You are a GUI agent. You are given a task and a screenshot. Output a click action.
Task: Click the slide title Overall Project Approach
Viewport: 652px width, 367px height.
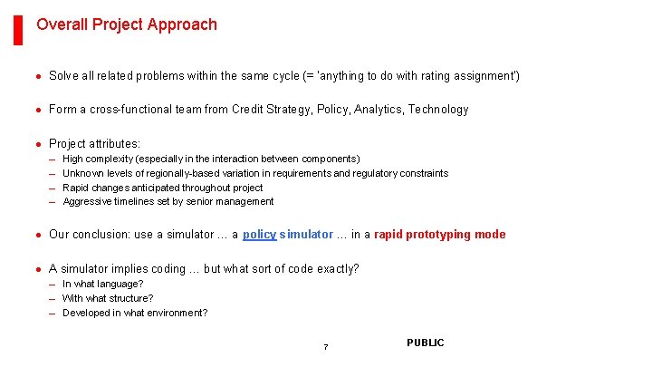pyautogui.click(x=127, y=24)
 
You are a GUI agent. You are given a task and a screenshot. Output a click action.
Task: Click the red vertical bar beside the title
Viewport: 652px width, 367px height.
pyautogui.click(x=18, y=29)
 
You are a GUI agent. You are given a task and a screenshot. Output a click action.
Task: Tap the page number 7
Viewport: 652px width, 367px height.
pyautogui.click(x=326, y=348)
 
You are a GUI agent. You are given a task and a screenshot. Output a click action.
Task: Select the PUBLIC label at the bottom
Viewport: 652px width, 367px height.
pyautogui.click(x=426, y=343)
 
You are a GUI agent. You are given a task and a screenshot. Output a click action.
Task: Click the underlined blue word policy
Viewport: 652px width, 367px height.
pyautogui.click(x=260, y=235)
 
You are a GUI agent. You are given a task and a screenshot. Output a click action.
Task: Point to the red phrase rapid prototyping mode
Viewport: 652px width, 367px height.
pyautogui.click(x=439, y=235)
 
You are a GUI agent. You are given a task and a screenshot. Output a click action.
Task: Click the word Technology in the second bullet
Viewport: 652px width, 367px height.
pyautogui.click(x=438, y=110)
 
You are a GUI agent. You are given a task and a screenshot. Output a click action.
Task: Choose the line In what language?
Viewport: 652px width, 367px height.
pyautogui.click(x=102, y=284)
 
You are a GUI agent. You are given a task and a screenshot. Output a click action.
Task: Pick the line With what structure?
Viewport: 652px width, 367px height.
pyautogui.click(x=108, y=298)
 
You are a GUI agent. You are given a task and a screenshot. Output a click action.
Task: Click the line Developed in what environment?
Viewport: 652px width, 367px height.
pyautogui.click(x=135, y=313)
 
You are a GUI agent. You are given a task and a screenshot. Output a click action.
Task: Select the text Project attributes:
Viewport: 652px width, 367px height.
pyautogui.click(x=95, y=143)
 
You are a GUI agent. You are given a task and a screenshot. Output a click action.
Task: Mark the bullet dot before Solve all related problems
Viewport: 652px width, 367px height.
pyautogui.click(x=39, y=76)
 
